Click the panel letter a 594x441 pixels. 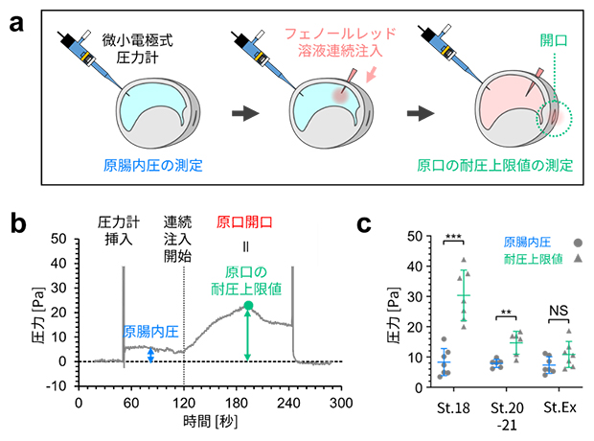click(16, 22)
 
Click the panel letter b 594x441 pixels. click(16, 229)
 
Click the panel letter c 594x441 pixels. click(365, 227)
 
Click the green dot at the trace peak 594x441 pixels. click(248, 306)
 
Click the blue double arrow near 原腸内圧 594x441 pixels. click(149, 355)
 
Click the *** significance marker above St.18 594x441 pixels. click(454, 238)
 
